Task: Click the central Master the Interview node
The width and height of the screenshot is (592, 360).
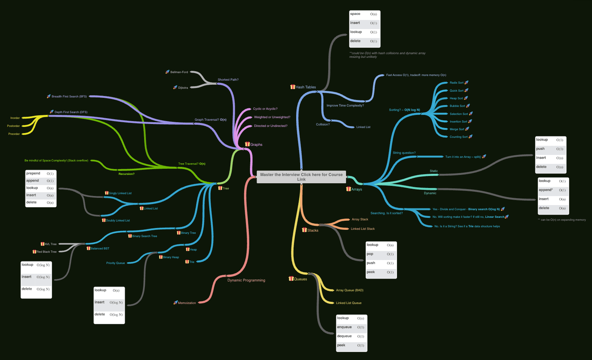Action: click(x=301, y=177)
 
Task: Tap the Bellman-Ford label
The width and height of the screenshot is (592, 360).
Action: click(x=179, y=72)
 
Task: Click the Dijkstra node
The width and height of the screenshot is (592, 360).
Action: click(x=183, y=88)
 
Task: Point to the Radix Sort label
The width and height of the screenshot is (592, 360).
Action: click(x=456, y=83)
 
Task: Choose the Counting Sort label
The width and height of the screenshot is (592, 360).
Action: click(x=458, y=137)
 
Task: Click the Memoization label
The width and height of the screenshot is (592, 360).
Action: click(x=187, y=303)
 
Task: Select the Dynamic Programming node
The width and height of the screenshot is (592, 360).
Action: click(x=246, y=280)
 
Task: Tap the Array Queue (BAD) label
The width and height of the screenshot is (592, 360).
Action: click(x=349, y=290)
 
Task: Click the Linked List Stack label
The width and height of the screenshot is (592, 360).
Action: click(x=362, y=229)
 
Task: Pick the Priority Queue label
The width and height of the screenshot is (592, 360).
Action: click(x=115, y=263)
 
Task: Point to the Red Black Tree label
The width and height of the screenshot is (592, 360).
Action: click(x=47, y=252)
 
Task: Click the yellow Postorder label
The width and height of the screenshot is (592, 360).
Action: click(x=13, y=126)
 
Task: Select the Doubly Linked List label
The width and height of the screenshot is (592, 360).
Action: click(x=118, y=220)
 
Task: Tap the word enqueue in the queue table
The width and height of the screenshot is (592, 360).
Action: click(x=344, y=327)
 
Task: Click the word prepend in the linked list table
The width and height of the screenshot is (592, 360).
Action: click(x=33, y=173)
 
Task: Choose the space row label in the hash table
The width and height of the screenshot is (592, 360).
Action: click(x=355, y=14)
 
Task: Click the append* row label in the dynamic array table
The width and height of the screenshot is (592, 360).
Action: click(x=545, y=190)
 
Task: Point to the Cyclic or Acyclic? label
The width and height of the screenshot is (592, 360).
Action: click(x=265, y=109)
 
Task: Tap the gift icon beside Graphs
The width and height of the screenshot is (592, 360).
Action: click(x=247, y=144)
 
